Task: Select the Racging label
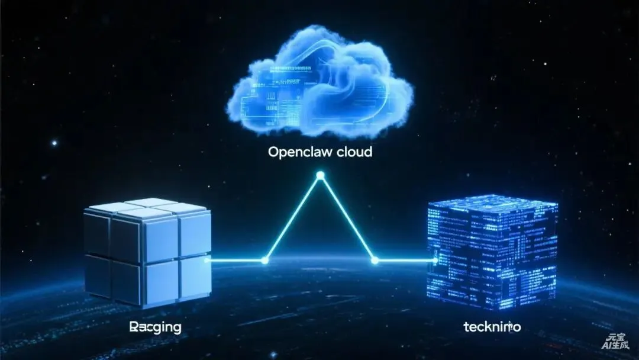tap(155, 326)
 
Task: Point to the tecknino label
tap(492, 326)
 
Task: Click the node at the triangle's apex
tap(320, 175)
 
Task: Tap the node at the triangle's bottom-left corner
tap(264, 260)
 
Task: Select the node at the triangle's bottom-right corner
tap(374, 260)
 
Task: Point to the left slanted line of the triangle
tap(292, 218)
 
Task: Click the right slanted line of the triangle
tap(347, 218)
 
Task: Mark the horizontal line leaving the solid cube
tap(237, 260)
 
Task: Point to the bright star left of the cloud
tap(54, 143)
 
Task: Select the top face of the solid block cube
tap(148, 208)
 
